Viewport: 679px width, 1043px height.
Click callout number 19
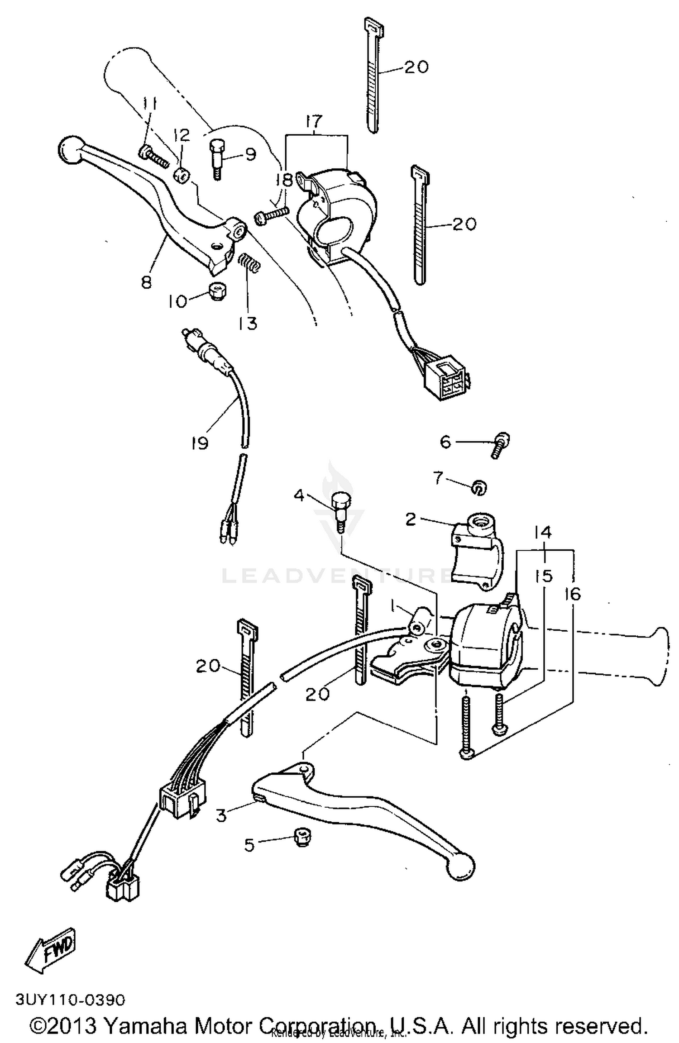pyautogui.click(x=199, y=443)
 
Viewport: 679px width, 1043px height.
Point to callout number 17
pyautogui.click(x=314, y=121)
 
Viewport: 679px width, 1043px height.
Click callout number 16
pyautogui.click(x=573, y=594)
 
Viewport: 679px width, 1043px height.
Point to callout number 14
pyautogui.click(x=543, y=533)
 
